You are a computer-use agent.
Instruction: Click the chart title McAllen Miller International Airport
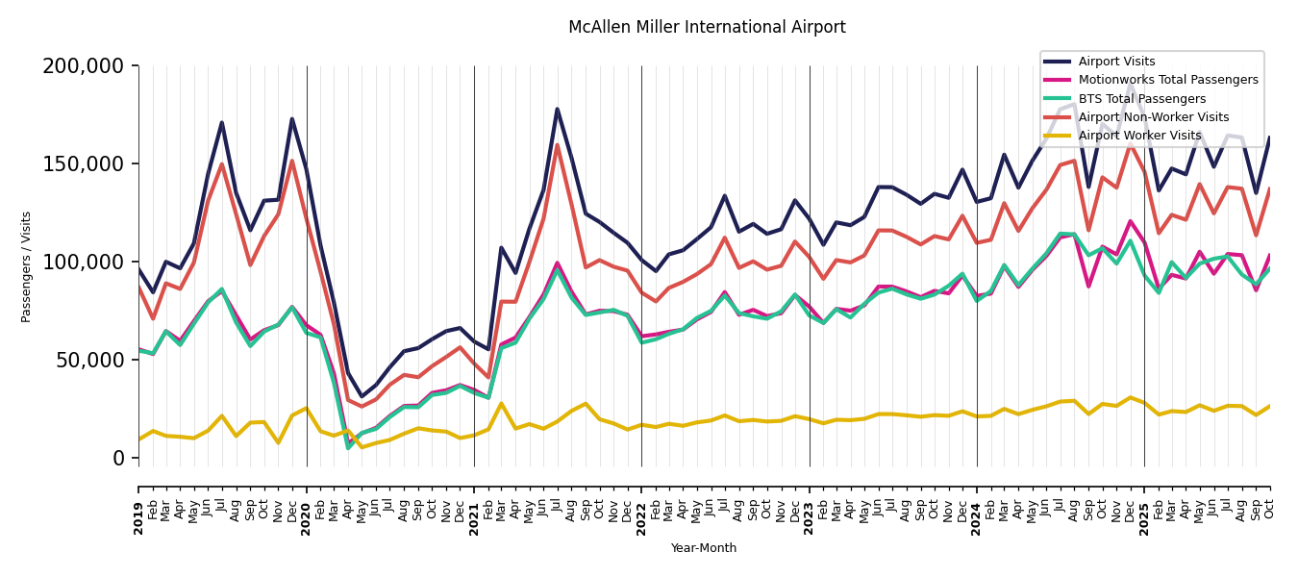[x=707, y=27]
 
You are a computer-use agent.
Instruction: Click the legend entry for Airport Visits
[x=1116, y=62]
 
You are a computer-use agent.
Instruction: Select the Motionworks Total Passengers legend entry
[x=1168, y=80]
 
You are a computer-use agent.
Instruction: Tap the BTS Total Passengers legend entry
[x=1141, y=99]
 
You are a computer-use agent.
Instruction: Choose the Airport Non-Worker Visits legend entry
[x=1153, y=117]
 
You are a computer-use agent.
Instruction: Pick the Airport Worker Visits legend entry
[x=1139, y=136]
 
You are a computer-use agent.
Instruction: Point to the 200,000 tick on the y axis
[x=84, y=66]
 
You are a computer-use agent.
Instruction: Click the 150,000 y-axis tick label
[x=84, y=164]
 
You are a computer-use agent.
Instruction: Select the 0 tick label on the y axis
[x=119, y=458]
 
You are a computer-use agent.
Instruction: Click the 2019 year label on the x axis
[x=138, y=518]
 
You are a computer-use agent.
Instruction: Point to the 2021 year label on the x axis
[x=474, y=518]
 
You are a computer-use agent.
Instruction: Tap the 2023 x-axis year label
[x=810, y=518]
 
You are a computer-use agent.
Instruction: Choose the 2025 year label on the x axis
[x=1144, y=518]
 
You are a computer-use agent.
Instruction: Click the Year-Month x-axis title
[x=704, y=548]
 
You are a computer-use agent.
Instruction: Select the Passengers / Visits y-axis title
[x=26, y=266]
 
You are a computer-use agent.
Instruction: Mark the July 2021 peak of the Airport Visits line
[x=557, y=109]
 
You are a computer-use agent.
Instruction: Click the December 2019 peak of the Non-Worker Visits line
[x=292, y=161]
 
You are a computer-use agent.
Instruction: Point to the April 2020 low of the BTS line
[x=348, y=448]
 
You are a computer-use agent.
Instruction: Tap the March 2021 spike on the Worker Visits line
[x=501, y=404]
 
